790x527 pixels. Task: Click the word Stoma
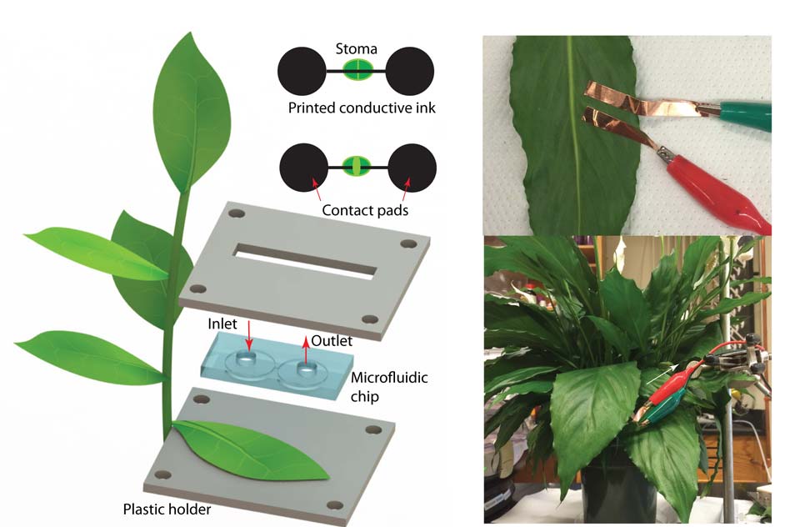point(356,49)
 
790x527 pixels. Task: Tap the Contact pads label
point(366,210)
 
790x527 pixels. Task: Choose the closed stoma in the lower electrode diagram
point(356,165)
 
